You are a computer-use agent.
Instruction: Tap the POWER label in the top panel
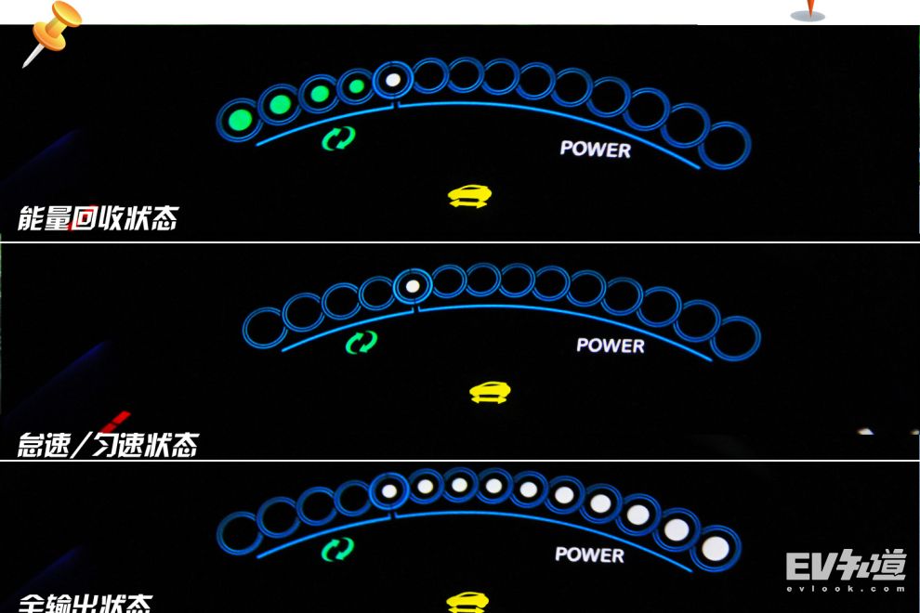(595, 149)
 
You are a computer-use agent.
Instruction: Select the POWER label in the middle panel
(610, 345)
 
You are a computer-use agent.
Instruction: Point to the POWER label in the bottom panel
(590, 554)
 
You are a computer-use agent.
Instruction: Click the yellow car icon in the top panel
(469, 196)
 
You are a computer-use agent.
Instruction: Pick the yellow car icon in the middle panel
(490, 392)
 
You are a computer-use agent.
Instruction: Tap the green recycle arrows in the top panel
(338, 139)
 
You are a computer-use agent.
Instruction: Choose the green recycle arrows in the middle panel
(361, 342)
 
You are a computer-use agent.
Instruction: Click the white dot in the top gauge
(393, 80)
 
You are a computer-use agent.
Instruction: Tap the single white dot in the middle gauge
(413, 284)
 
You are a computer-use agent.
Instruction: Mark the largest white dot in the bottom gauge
(715, 548)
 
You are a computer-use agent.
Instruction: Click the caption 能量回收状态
(98, 219)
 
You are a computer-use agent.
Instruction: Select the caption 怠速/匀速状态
(108, 444)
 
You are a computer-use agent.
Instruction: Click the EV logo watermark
(845, 569)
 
